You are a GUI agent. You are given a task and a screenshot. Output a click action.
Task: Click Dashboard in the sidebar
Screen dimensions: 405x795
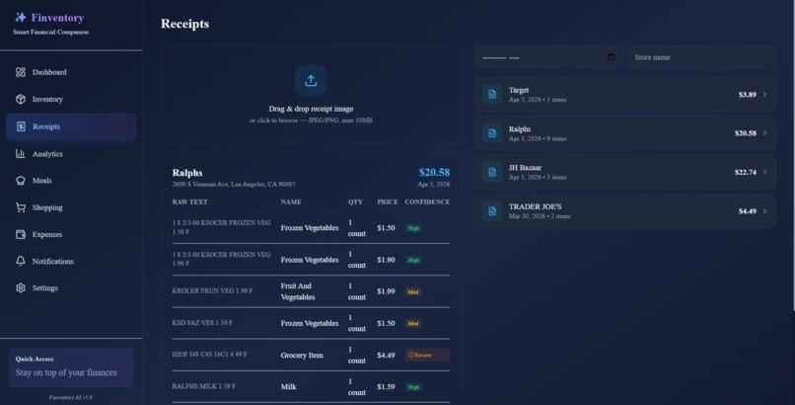(x=49, y=72)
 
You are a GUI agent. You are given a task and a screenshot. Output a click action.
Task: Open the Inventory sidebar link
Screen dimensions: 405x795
(x=47, y=99)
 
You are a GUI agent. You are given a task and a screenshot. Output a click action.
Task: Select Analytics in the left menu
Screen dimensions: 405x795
(x=47, y=154)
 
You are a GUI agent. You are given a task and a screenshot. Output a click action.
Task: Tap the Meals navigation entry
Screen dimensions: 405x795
(x=41, y=181)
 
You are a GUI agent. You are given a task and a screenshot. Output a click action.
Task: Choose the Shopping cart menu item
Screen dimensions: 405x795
(x=46, y=207)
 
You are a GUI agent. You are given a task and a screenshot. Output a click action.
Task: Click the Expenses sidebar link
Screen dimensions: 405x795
(x=46, y=234)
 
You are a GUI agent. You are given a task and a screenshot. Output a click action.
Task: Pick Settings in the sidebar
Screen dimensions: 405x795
(x=44, y=288)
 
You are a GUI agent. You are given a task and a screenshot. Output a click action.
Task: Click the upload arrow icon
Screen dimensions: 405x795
(x=311, y=81)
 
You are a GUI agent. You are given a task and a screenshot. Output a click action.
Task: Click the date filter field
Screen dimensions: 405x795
(x=548, y=57)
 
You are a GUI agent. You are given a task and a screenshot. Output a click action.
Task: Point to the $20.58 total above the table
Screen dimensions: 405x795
(x=434, y=172)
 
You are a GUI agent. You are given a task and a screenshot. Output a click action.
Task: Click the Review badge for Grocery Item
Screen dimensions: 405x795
(x=426, y=355)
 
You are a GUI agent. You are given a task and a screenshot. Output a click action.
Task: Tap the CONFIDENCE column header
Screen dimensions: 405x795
(x=427, y=202)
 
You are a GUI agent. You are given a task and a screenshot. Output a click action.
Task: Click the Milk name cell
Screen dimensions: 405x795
(x=289, y=386)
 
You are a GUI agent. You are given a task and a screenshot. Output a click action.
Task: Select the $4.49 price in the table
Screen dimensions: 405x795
(x=386, y=355)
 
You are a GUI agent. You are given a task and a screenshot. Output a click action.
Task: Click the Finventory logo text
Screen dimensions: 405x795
(x=57, y=17)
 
